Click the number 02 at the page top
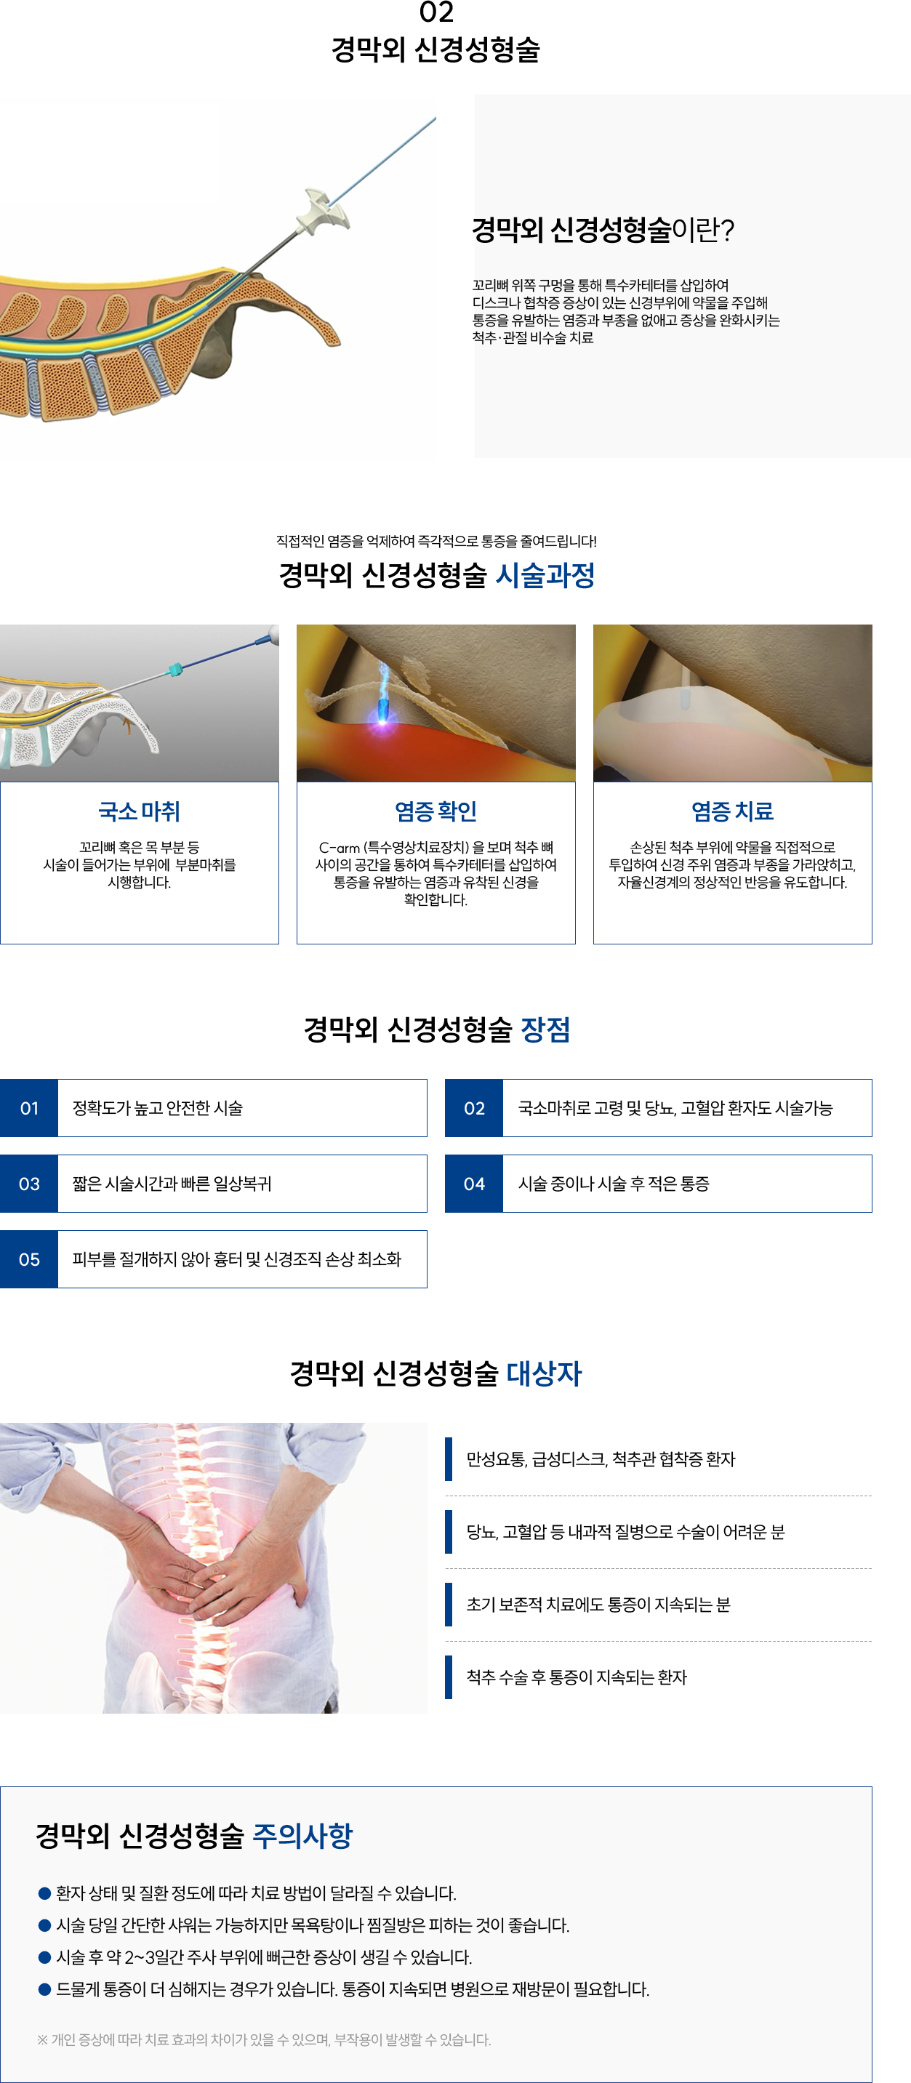pos(436,12)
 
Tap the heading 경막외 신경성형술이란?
pos(603,230)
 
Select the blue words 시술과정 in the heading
pos(545,575)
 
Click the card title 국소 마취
pos(139,811)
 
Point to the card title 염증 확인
pos(436,811)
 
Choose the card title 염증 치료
pos(732,811)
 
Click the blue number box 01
pos(29,1108)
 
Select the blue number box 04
pos(474,1184)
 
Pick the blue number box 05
pos(29,1259)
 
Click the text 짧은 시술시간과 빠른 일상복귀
pos(172,1184)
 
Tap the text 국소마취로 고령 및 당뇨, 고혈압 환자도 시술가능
pos(675,1108)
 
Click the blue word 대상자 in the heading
pos(544,1373)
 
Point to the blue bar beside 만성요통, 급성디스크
pos(449,1458)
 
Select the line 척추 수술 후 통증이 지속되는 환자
pos(577,1677)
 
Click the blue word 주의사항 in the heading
pos(302,1836)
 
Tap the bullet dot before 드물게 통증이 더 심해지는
pos(44,1988)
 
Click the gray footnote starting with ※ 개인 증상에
pos(263,2040)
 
